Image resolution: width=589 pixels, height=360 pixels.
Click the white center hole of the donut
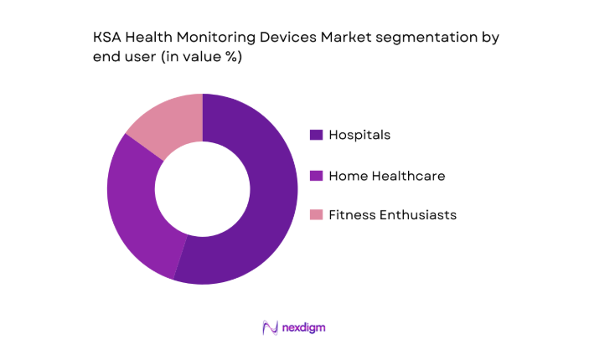tap(202, 188)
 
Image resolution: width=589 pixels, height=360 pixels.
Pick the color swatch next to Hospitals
tap(316, 135)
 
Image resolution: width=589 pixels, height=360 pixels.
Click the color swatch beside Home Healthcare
tap(316, 176)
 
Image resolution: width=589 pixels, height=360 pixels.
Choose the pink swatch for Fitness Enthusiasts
tap(316, 215)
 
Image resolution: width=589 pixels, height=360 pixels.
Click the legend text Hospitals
tap(359, 135)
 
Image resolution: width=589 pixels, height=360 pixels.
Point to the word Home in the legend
tap(346, 176)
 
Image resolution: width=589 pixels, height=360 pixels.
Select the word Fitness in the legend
tap(353, 215)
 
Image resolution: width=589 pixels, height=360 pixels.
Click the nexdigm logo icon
tap(270, 327)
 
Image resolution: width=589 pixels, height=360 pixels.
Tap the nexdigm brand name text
tap(303, 328)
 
